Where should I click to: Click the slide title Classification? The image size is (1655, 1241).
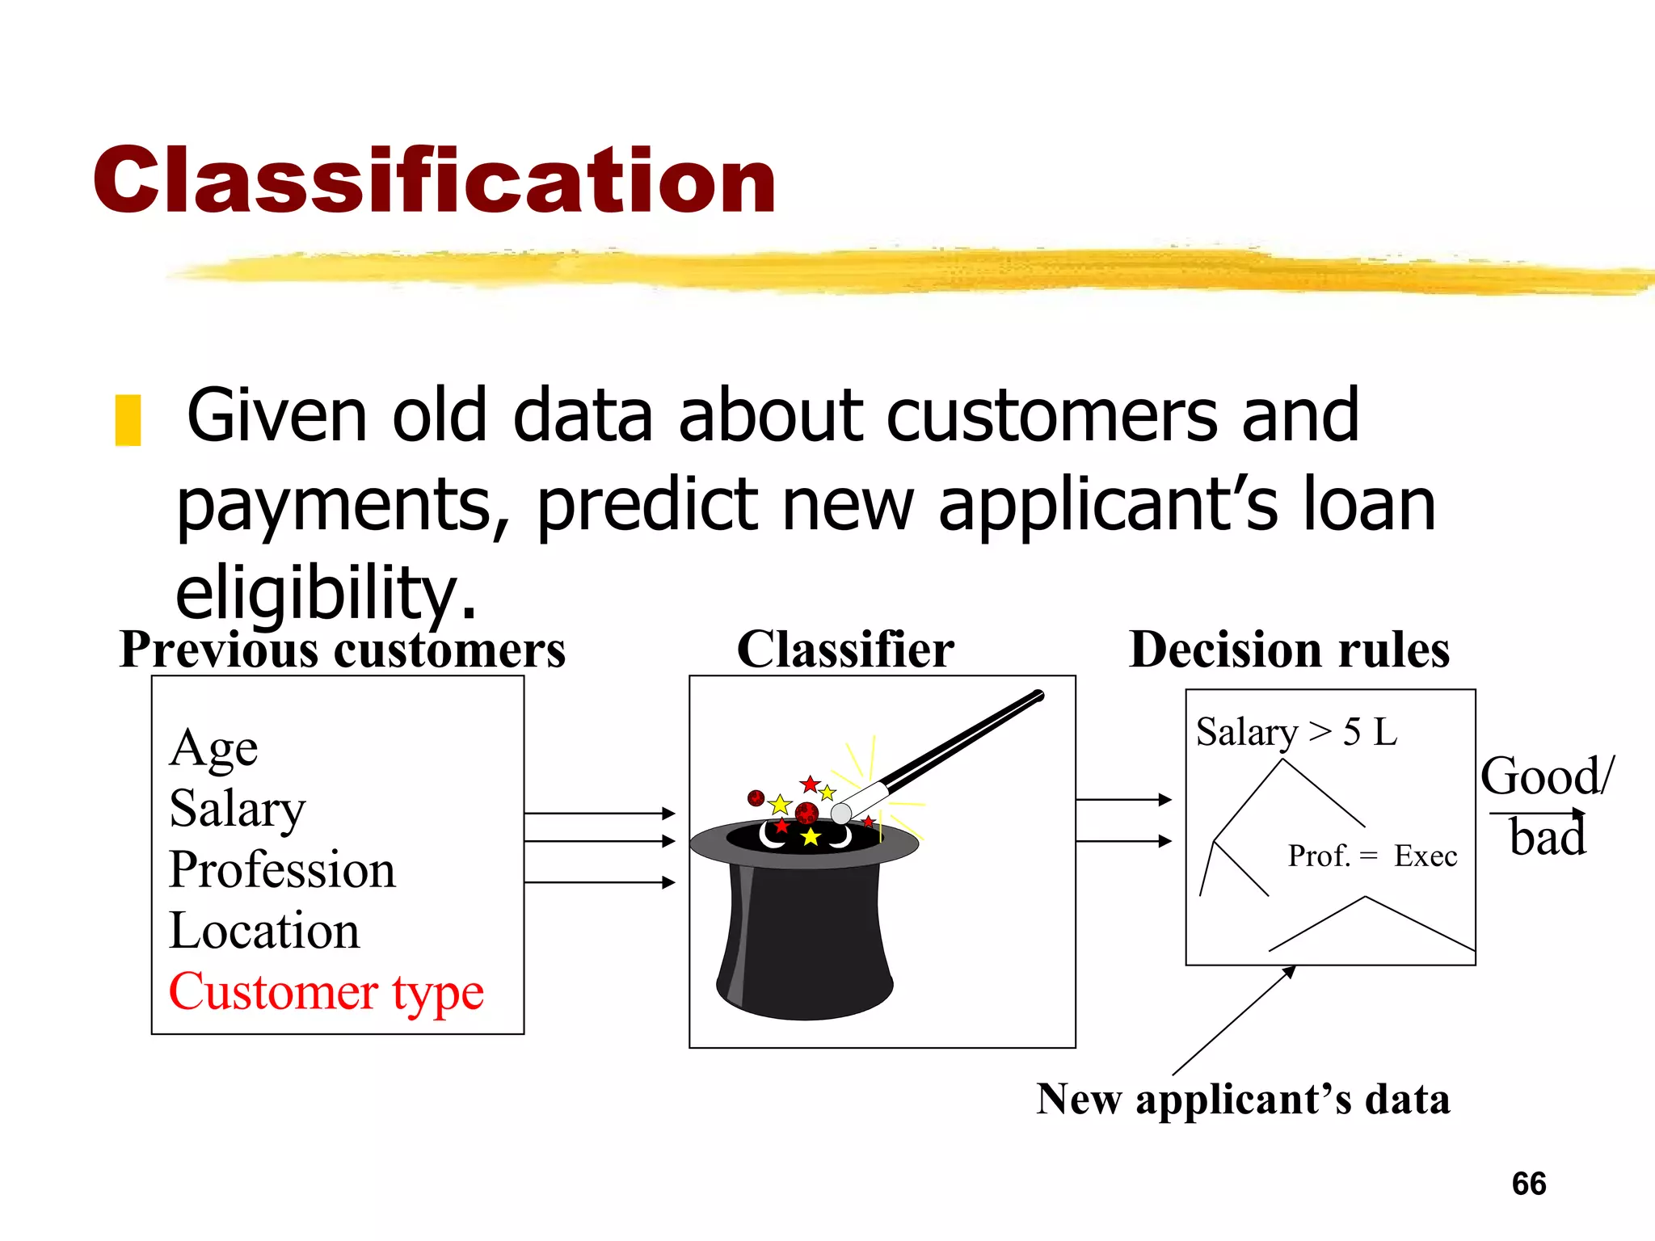pos(434,181)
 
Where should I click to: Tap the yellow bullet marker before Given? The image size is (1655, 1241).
pos(128,420)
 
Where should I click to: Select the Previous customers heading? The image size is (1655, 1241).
pos(342,650)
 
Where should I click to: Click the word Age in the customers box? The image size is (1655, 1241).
pos(213,748)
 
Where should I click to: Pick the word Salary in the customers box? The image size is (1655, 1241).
pos(238,809)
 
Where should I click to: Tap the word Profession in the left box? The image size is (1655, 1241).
pos(282,870)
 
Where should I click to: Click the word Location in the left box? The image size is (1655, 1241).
pos(264,931)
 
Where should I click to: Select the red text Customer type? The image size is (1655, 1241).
pos(326,992)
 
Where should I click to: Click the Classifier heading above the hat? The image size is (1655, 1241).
pos(845,650)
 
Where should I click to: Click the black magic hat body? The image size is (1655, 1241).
pos(804,937)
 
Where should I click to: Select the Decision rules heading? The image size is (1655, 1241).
pos(1289,650)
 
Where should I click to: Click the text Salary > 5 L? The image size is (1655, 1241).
pos(1296,732)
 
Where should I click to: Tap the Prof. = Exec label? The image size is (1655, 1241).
pos(1372,856)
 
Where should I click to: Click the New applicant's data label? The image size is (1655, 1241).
pos(1243,1100)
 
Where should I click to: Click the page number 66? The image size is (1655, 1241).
pos(1529,1184)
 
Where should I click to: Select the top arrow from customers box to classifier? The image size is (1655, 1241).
pos(599,813)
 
